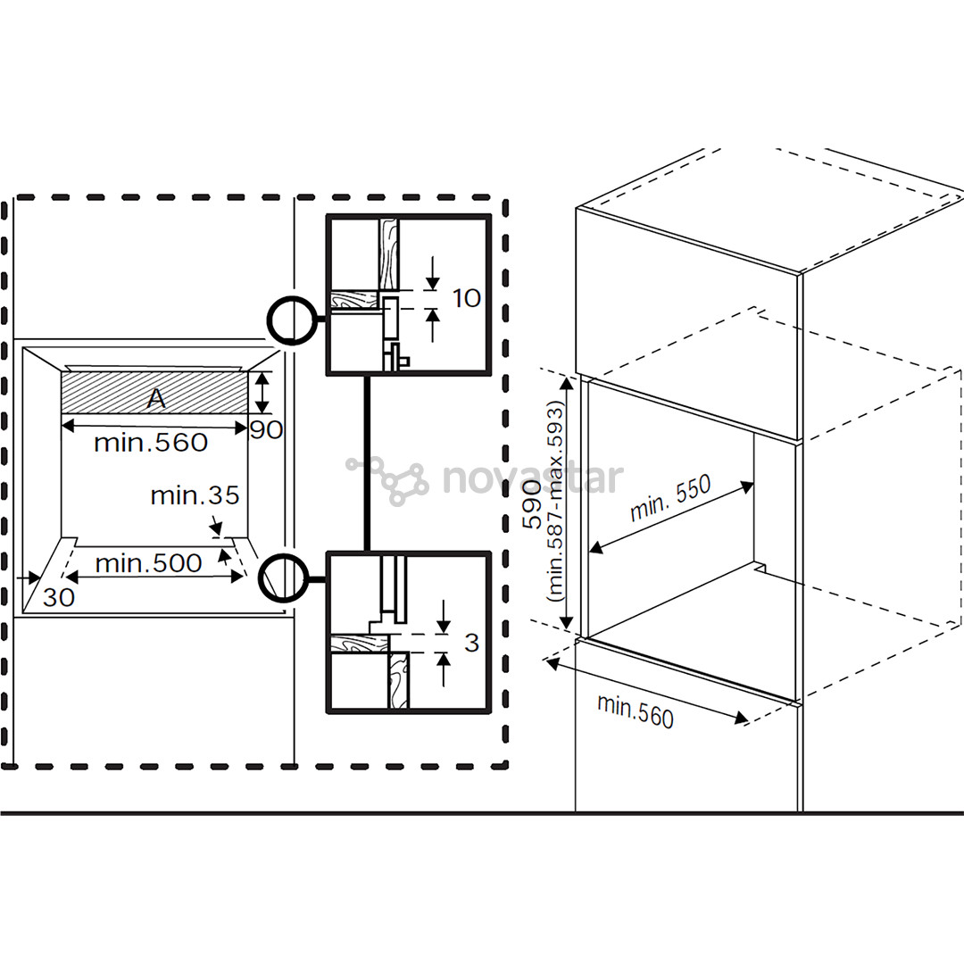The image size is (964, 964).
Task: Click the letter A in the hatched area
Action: tap(156, 399)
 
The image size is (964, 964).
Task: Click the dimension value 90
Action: tap(266, 430)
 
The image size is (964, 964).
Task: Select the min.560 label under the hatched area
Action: tap(151, 442)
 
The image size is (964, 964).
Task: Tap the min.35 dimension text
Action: tap(195, 495)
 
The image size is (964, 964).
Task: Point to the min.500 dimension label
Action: tap(148, 563)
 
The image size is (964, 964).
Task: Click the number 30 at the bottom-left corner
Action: tap(59, 597)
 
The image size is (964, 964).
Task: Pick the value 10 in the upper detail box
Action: tap(467, 297)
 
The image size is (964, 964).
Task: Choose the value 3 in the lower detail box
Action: tap(472, 642)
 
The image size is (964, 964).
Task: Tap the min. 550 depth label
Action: tap(669, 498)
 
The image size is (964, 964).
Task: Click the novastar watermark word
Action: tap(533, 478)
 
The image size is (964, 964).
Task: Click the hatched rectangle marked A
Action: tap(98, 393)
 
